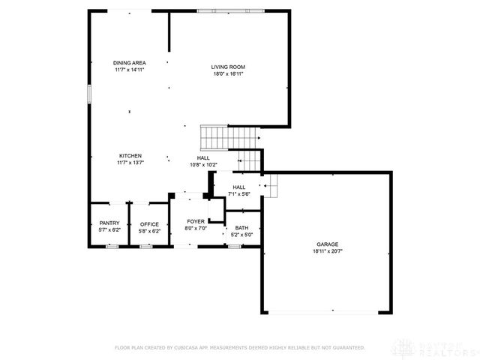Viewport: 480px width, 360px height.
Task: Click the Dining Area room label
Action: (x=129, y=63)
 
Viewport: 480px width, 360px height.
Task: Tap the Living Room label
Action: (x=228, y=67)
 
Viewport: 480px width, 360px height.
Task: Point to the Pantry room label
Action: (x=109, y=224)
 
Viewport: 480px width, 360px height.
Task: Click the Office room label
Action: (x=149, y=224)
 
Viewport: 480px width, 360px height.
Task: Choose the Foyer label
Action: (x=196, y=222)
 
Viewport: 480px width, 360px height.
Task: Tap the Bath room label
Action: (x=241, y=228)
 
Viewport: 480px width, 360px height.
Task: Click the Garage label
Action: (x=327, y=244)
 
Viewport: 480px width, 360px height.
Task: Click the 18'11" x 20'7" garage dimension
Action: (x=327, y=251)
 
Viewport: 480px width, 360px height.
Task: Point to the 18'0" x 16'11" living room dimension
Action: (x=228, y=74)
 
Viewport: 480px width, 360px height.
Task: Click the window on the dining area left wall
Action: (x=88, y=94)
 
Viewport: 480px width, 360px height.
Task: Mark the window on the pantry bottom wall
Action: (x=112, y=246)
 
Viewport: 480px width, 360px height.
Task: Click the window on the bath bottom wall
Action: (x=234, y=246)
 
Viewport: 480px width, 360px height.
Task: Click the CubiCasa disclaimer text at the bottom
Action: (x=239, y=347)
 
